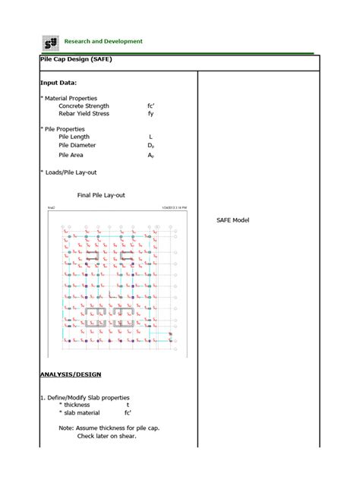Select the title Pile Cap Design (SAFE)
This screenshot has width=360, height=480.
76,59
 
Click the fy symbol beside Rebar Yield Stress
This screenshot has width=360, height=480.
151,113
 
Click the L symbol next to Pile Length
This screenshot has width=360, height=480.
151,137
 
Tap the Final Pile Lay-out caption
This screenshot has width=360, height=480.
101,195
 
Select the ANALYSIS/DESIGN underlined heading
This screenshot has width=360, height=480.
70,374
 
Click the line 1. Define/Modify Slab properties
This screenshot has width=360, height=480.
85,397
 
